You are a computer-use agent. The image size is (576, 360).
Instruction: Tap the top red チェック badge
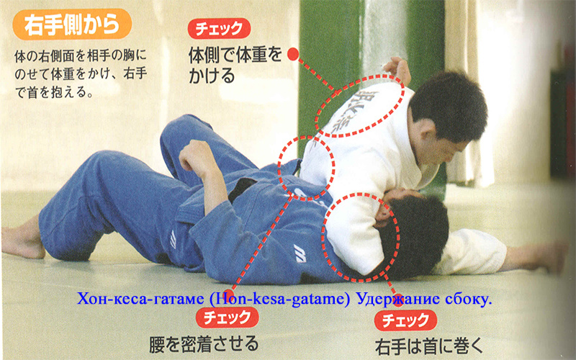point(219,28)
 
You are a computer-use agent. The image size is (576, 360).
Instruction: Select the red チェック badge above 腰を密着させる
point(228,318)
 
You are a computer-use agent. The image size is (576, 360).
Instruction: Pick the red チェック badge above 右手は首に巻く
point(405,320)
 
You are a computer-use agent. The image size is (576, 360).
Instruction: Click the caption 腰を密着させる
point(204,344)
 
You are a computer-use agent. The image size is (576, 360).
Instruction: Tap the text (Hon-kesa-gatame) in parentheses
point(280,300)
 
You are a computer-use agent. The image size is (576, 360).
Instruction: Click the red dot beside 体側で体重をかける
point(293,55)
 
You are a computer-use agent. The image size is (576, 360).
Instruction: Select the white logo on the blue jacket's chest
point(300,253)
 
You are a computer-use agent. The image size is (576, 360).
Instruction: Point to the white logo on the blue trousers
point(173,239)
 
